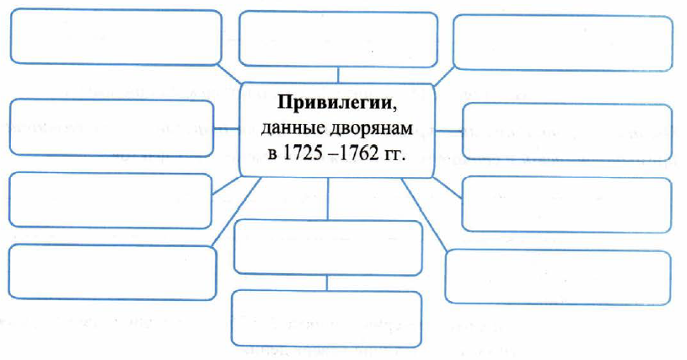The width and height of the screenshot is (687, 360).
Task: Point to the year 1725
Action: click(301, 153)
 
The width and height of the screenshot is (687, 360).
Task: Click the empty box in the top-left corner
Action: click(115, 38)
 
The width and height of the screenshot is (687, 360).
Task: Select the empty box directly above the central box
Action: click(338, 40)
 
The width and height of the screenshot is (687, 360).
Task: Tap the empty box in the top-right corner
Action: click(562, 43)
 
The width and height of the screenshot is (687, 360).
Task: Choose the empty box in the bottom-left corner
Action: click(112, 272)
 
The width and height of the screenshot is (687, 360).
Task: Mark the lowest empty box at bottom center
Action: click(326, 319)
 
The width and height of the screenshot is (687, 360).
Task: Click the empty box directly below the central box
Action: click(328, 248)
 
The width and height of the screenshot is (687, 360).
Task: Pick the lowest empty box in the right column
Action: click(558, 277)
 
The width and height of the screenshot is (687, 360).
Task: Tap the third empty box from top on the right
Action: click(566, 204)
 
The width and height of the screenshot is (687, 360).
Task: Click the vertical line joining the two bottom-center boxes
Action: click(327, 283)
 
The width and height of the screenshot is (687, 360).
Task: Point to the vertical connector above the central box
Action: click(338, 75)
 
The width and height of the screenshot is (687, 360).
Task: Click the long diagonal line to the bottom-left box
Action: click(236, 211)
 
